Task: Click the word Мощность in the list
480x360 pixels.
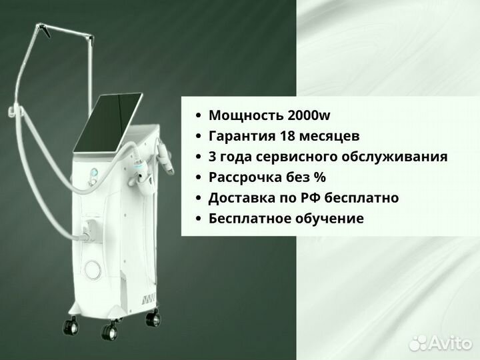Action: click(x=246, y=116)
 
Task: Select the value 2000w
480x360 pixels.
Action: click(x=309, y=115)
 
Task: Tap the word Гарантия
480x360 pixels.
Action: click(x=242, y=137)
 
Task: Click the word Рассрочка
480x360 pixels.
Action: click(x=245, y=177)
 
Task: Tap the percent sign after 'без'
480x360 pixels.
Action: click(x=320, y=177)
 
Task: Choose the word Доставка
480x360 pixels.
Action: click(x=241, y=198)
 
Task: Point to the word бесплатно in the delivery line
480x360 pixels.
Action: click(x=361, y=198)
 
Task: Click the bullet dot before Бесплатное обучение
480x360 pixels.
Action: click(x=199, y=219)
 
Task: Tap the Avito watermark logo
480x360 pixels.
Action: click(x=440, y=343)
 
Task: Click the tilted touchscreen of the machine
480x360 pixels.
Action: click(x=109, y=122)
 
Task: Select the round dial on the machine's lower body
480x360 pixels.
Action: click(x=93, y=270)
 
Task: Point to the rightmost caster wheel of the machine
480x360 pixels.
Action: click(x=153, y=318)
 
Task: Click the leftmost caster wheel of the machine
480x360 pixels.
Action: click(x=71, y=325)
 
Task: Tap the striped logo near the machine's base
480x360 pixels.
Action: click(x=149, y=299)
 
